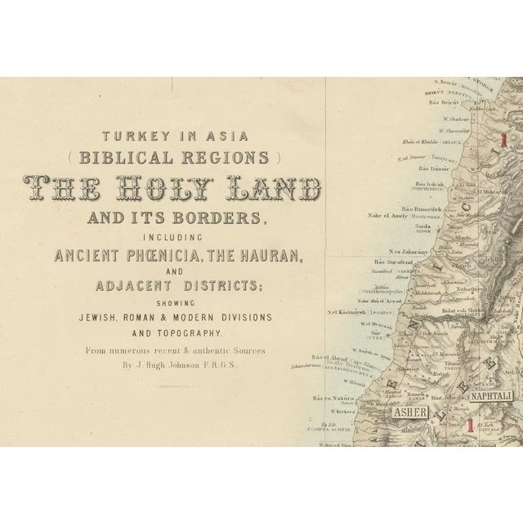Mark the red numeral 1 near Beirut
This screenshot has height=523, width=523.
505,141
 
